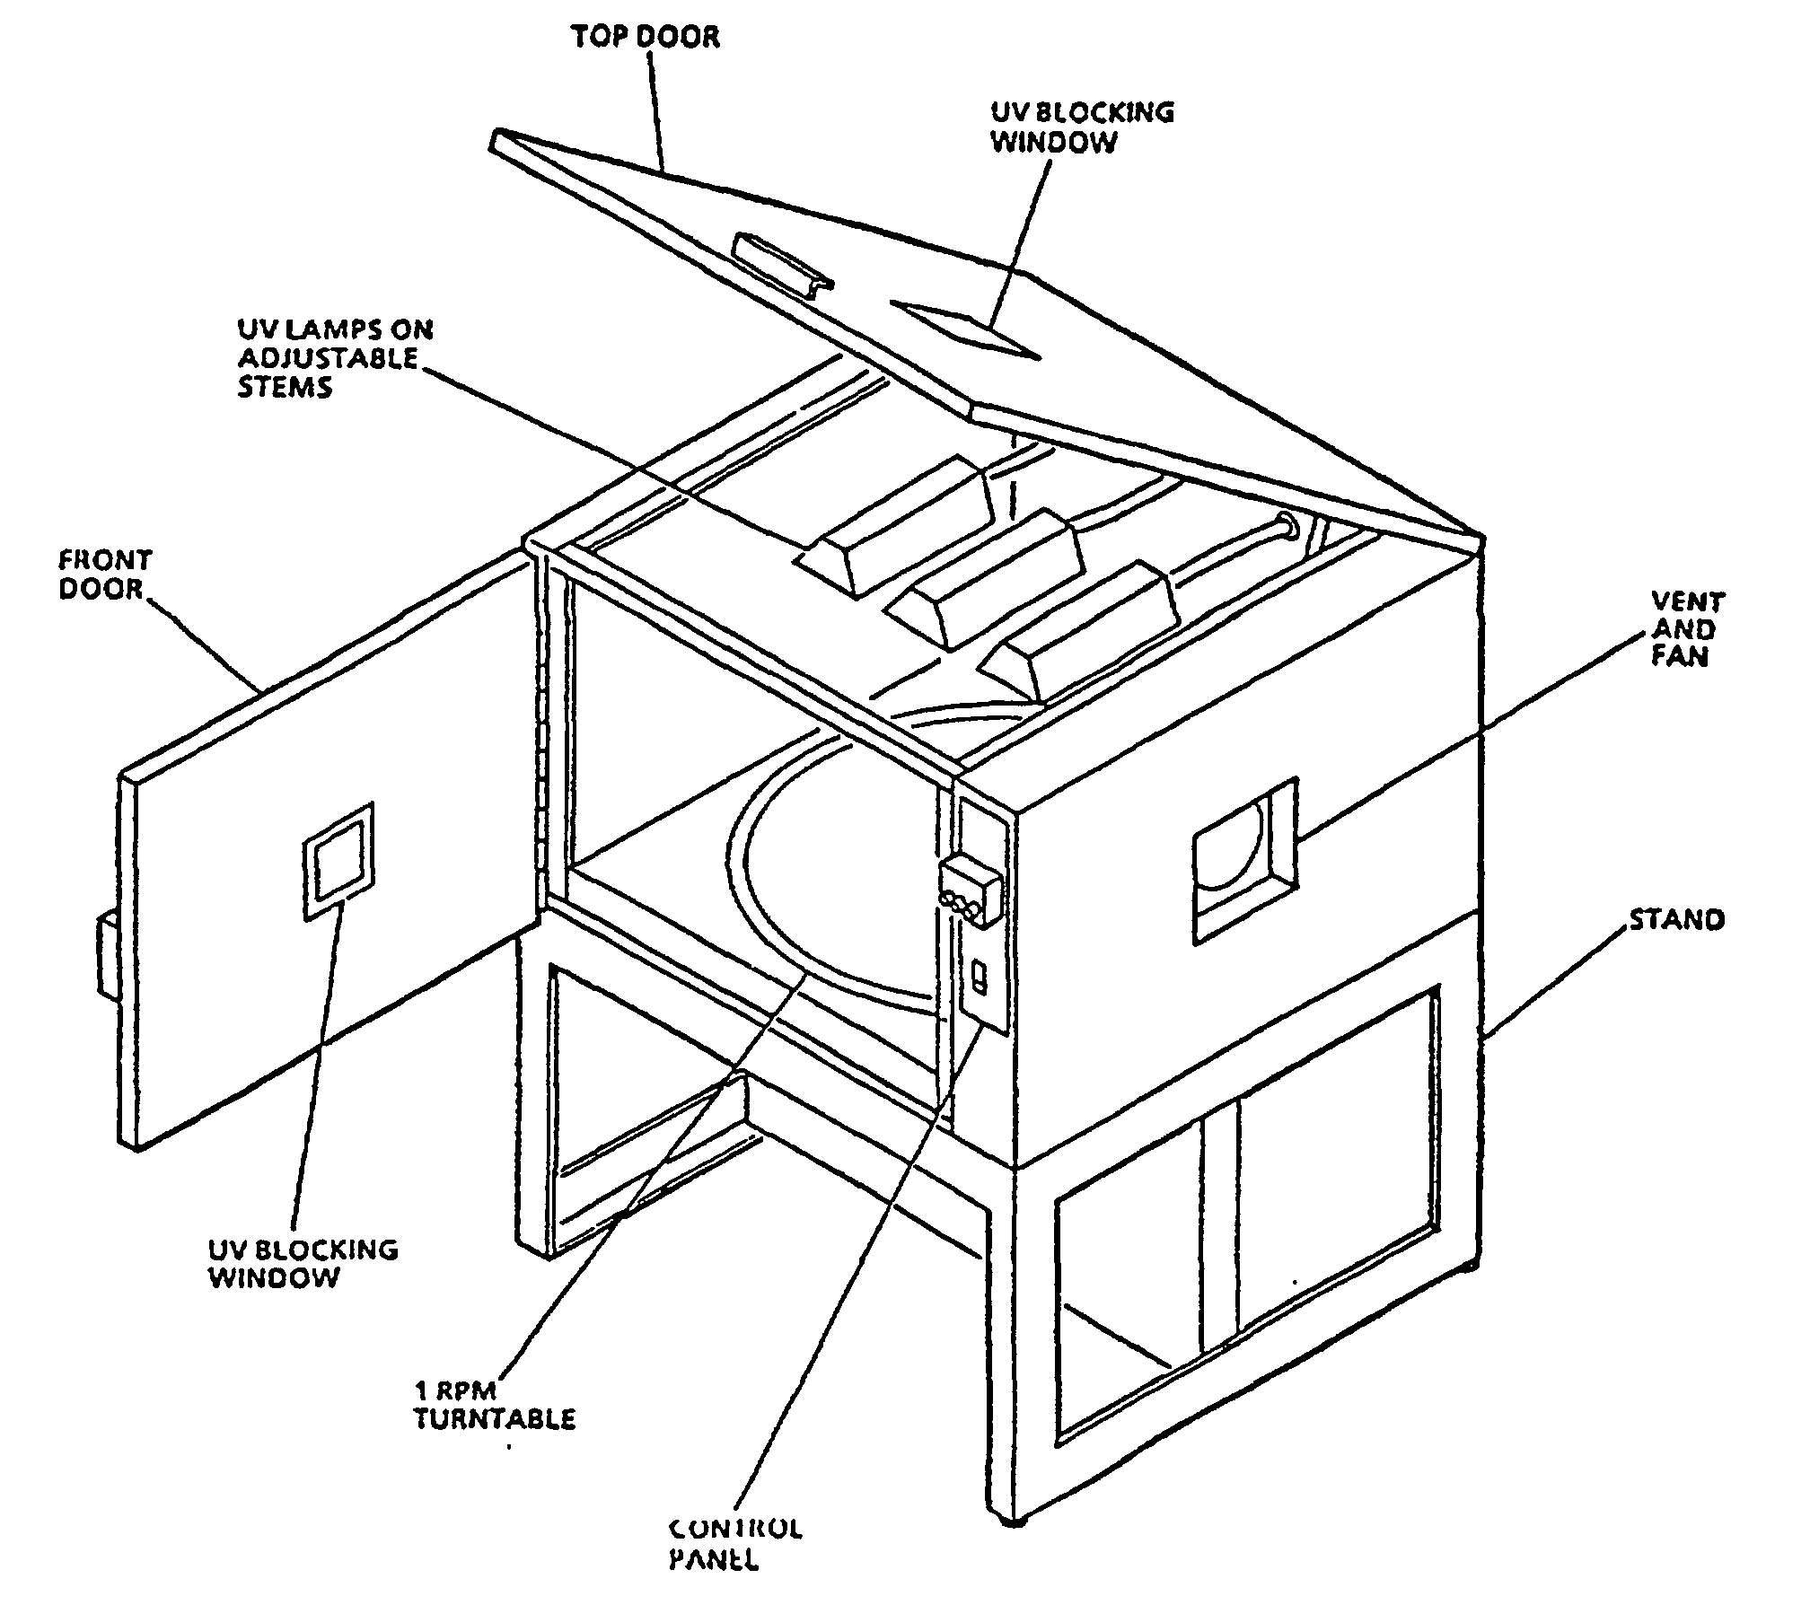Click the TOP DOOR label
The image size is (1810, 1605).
click(x=646, y=38)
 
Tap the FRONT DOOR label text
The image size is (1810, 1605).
click(x=105, y=574)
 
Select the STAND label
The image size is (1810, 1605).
click(x=1676, y=920)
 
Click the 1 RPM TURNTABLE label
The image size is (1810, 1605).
click(x=494, y=1405)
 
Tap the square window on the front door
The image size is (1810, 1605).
click(x=338, y=860)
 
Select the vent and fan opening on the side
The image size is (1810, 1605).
click(x=1243, y=860)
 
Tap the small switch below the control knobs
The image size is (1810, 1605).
click(x=980, y=976)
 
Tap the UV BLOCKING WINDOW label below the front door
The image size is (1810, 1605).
click(x=303, y=1263)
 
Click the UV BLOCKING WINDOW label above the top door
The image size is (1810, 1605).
click(x=1081, y=127)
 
